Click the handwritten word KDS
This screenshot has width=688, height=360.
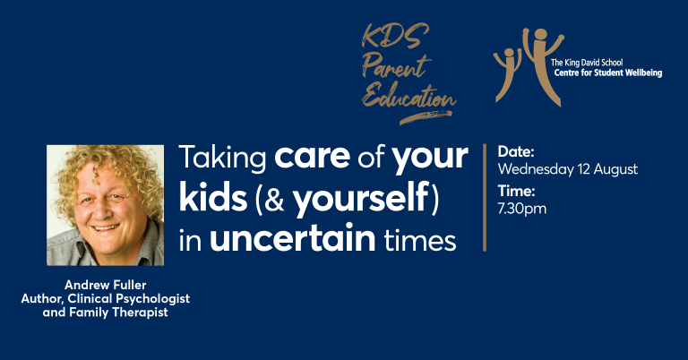tap(395, 37)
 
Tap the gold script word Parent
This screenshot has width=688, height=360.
tap(396, 65)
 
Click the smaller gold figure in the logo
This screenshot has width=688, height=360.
tap(507, 74)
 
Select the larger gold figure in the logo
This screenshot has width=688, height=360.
tap(542, 65)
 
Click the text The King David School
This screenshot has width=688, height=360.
tap(587, 63)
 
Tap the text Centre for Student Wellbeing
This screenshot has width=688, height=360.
tap(608, 73)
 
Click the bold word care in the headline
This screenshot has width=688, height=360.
tap(312, 157)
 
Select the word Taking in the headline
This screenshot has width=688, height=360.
tap(222, 158)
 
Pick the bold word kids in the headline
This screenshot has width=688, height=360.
tap(213, 198)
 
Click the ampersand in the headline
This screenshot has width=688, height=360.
tap(274, 200)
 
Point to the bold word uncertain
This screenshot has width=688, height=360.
tap(293, 238)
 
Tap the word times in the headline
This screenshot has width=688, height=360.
tap(420, 240)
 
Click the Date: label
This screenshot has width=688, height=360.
tap(516, 151)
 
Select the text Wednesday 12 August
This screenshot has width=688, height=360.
tap(568, 169)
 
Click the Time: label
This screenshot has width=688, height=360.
tap(516, 191)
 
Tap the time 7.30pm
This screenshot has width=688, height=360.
tap(522, 209)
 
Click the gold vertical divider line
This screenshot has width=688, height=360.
tap(485, 197)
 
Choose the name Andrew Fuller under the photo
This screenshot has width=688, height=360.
tap(106, 285)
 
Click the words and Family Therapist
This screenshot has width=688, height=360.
tap(106, 313)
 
